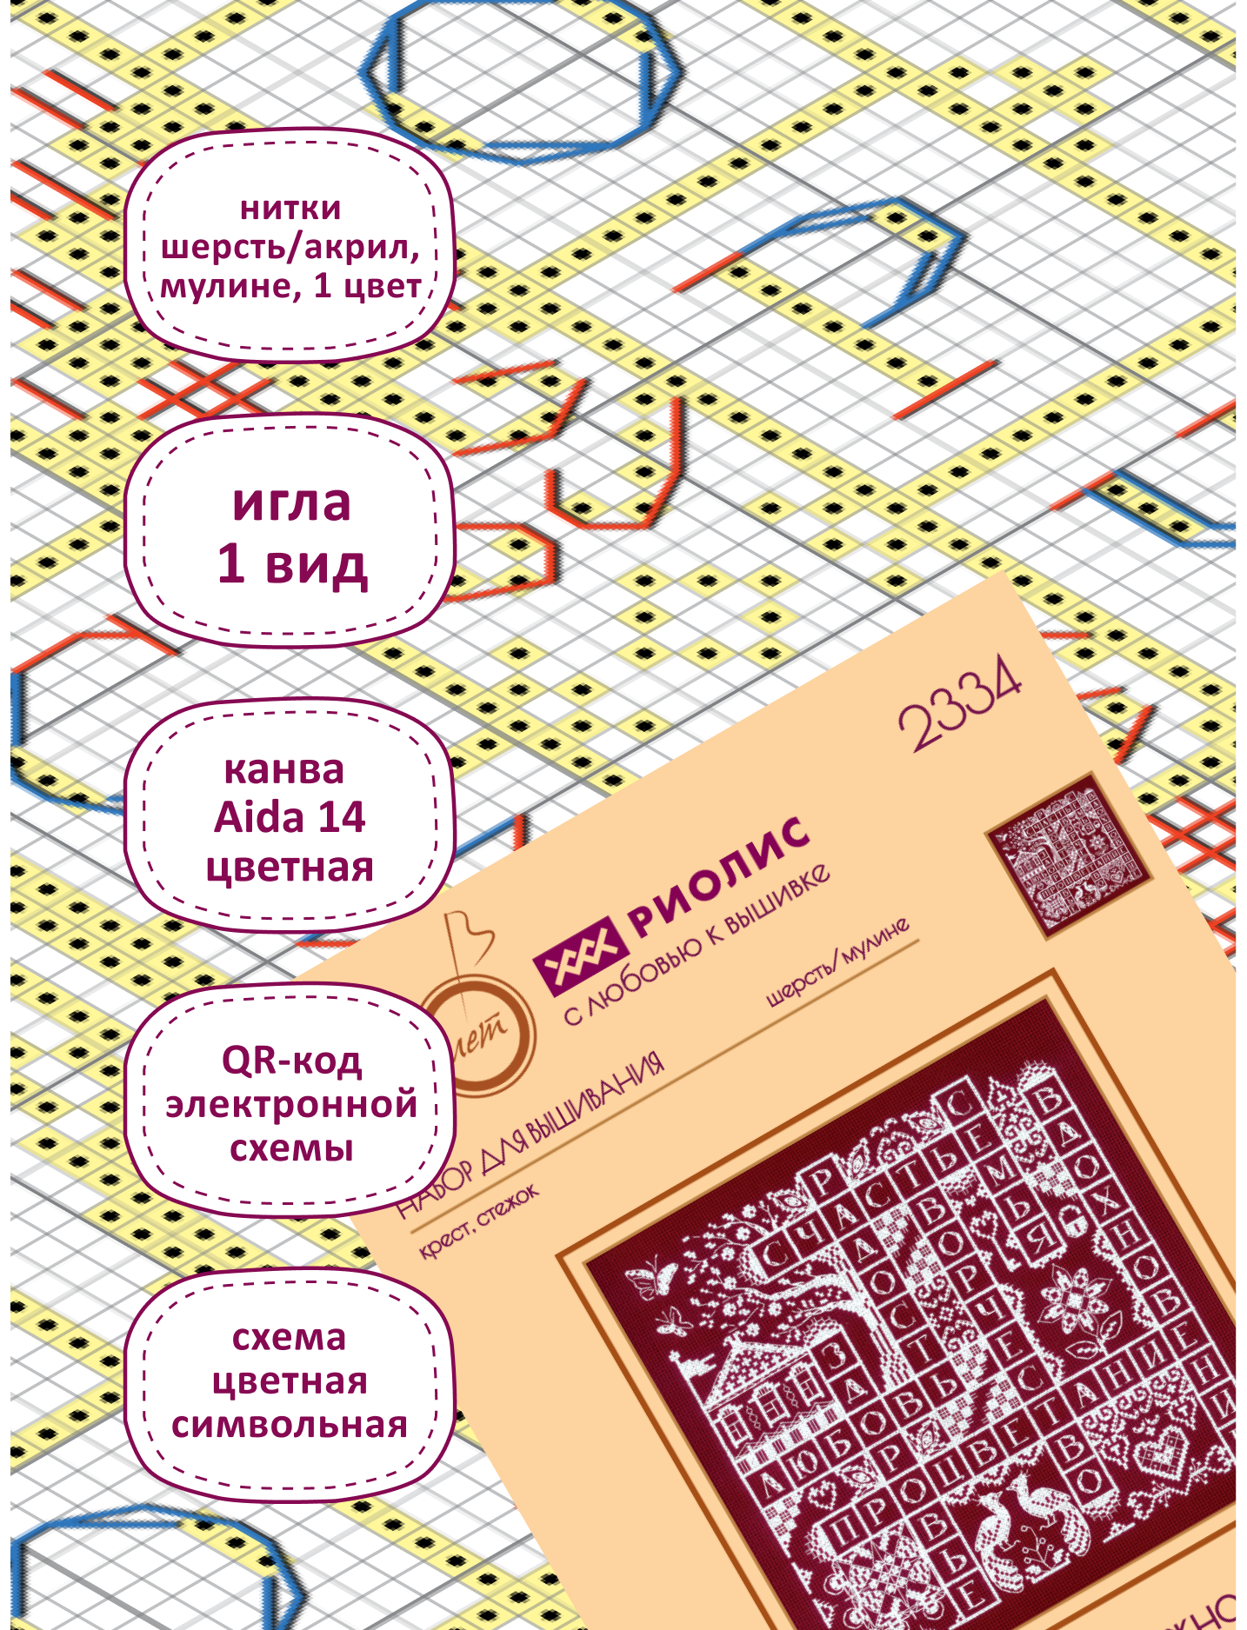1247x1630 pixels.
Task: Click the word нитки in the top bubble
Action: click(290, 209)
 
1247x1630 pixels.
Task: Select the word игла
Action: click(291, 502)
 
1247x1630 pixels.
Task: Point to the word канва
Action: click(283, 770)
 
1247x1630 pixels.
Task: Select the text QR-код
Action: click(291, 1060)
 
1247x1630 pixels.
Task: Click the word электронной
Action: click(291, 1104)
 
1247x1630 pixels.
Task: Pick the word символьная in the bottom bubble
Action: click(290, 1426)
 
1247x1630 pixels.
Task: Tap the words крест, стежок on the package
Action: click(479, 1220)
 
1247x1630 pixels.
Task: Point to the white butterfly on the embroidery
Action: click(655, 1279)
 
